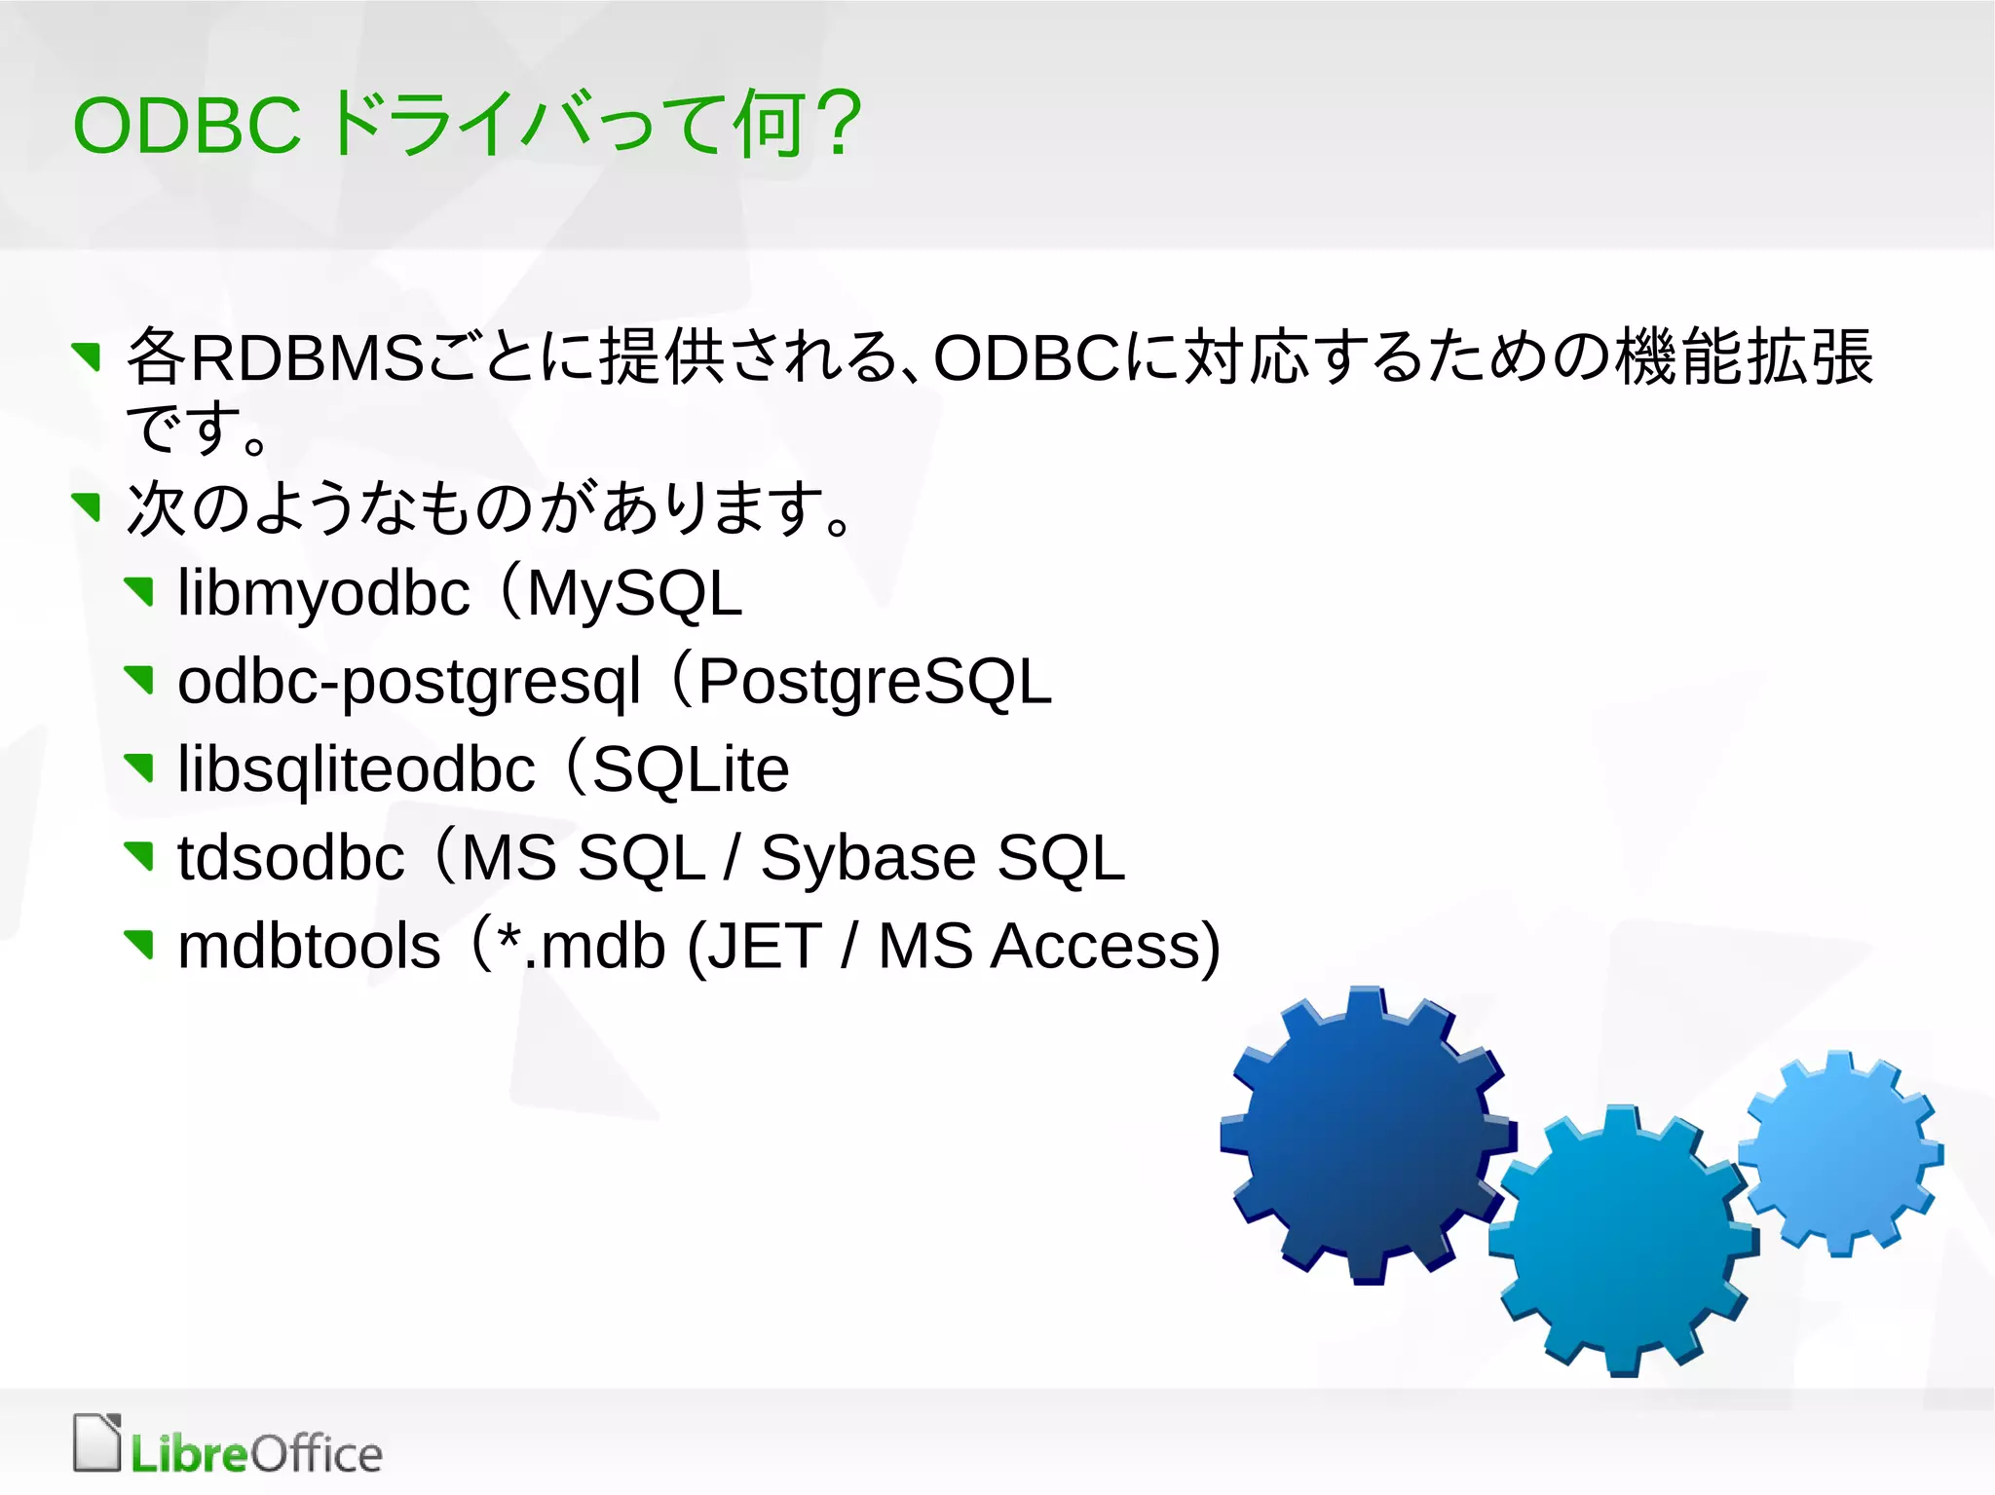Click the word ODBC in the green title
(x=187, y=127)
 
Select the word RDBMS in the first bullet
(x=307, y=357)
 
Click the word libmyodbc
(x=323, y=594)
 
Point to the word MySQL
(x=634, y=594)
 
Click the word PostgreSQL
(x=875, y=682)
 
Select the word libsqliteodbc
(x=357, y=770)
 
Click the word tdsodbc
(x=290, y=859)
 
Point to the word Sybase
(x=868, y=859)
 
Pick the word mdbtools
(x=309, y=947)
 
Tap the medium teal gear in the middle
(x=1621, y=1242)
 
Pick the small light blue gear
(x=1839, y=1154)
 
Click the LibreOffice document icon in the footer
(x=97, y=1442)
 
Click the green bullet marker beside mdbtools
(x=140, y=943)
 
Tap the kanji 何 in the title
(x=770, y=124)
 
